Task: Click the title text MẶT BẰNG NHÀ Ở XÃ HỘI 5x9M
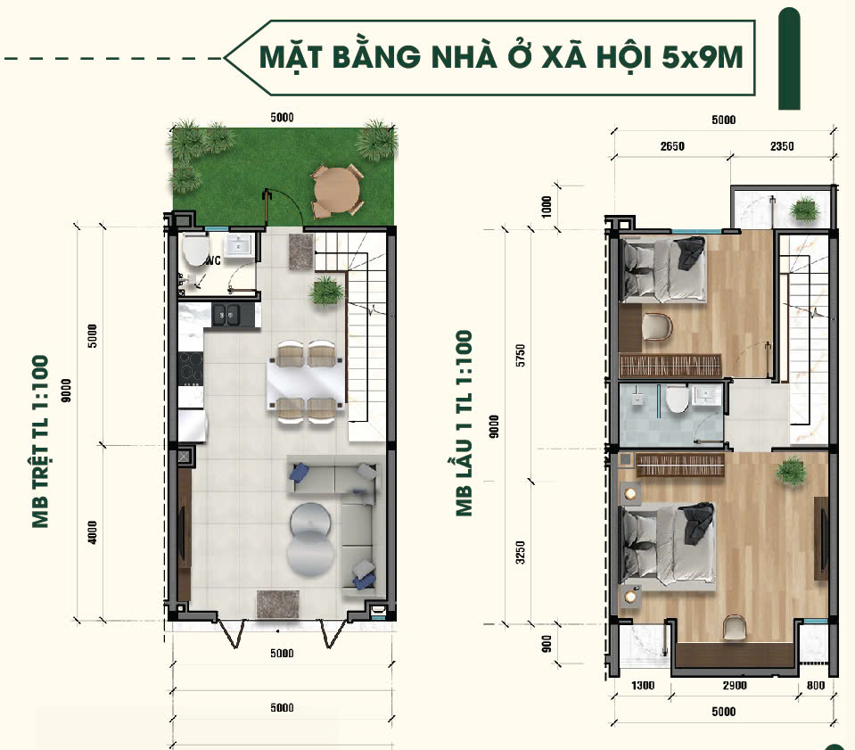[500, 58]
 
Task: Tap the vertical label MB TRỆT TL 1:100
[41, 441]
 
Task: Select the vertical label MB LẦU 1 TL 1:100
[464, 424]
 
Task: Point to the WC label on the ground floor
[212, 261]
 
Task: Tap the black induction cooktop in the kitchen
[191, 368]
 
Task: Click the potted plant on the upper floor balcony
[804, 210]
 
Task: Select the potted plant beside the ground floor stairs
[325, 290]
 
